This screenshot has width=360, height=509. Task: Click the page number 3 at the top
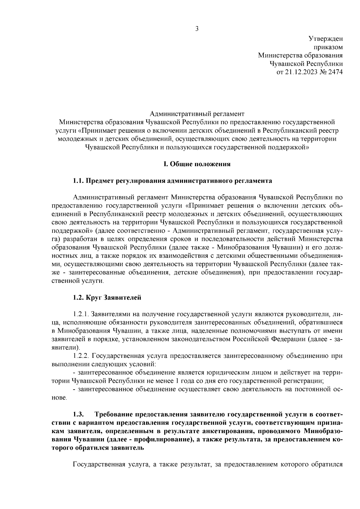(197, 29)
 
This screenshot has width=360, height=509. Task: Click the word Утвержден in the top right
(325, 38)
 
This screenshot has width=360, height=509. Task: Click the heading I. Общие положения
(197, 164)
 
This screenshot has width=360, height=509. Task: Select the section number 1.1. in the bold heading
(79, 181)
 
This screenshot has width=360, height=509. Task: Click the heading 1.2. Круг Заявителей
(107, 298)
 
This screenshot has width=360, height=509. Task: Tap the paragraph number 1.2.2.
(81, 356)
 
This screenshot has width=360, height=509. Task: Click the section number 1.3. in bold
(79, 415)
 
